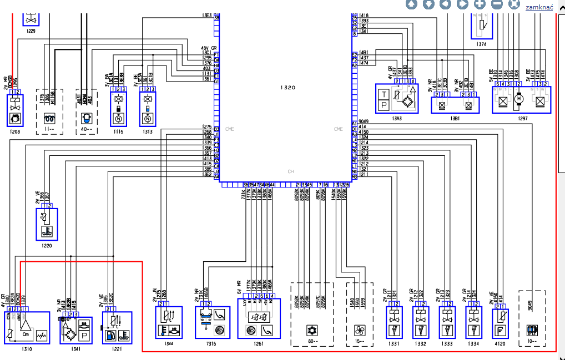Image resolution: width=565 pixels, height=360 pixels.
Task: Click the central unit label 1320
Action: (x=287, y=88)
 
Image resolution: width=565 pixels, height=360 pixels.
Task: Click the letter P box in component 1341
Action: (x=84, y=336)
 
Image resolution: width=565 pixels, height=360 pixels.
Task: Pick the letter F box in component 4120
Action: (x=501, y=331)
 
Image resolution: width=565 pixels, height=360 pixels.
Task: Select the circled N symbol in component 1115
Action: (x=118, y=119)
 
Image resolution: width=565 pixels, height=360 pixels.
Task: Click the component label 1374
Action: (x=481, y=44)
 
